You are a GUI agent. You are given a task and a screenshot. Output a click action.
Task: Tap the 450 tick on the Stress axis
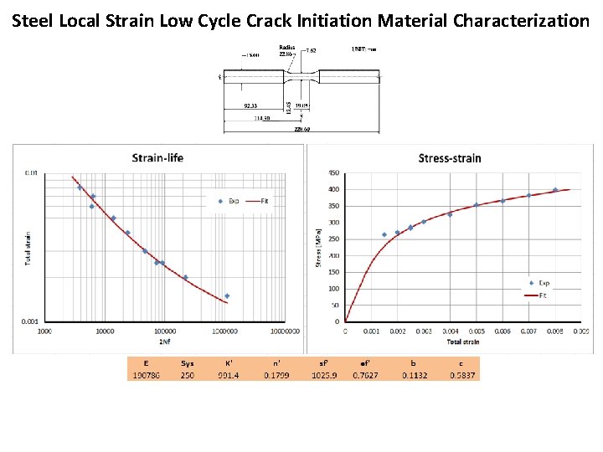tap(333, 173)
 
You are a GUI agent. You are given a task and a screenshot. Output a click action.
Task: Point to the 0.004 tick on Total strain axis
tap(450, 331)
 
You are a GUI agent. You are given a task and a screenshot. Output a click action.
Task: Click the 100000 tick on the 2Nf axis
tap(165, 331)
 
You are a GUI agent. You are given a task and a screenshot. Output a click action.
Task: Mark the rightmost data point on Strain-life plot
tap(226, 296)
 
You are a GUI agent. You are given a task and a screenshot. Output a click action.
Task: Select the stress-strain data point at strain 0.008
tap(554, 190)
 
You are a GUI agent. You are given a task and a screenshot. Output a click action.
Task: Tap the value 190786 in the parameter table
tap(147, 375)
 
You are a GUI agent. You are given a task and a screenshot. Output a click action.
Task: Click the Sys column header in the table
tap(188, 363)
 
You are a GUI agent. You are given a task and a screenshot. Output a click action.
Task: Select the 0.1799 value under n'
tap(276, 375)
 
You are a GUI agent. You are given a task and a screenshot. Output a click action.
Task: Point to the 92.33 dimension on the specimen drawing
tap(250, 105)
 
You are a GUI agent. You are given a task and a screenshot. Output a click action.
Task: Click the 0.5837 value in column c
tap(461, 375)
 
